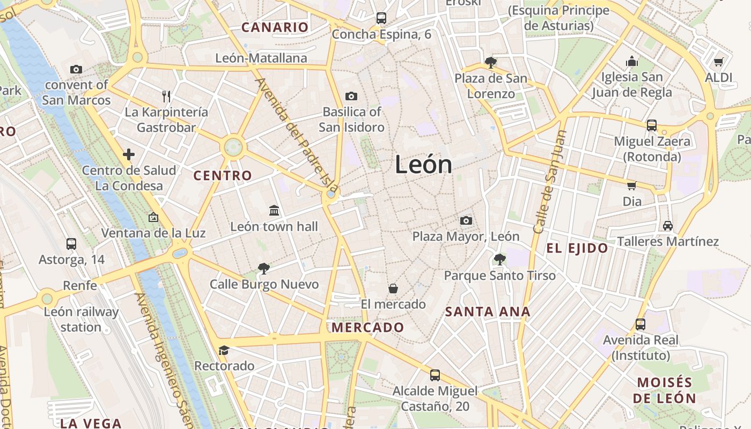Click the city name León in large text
[423, 164]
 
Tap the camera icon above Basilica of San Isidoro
[351, 96]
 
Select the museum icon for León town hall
[274, 210]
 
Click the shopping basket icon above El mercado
[393, 289]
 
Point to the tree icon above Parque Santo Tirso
[499, 260]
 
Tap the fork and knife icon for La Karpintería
[166, 97]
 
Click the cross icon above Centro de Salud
[129, 155]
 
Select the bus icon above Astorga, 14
[71, 244]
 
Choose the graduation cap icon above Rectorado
[224, 350]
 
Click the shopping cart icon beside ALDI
[718, 62]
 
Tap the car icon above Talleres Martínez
[667, 225]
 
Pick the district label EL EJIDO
[577, 248]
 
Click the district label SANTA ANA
[488, 312]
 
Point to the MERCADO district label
[368, 327]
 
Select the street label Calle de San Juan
[549, 182]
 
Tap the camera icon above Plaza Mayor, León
[466, 220]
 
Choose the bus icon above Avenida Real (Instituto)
[640, 324]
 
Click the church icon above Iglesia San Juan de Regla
[632, 61]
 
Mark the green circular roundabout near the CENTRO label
[233, 146]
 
